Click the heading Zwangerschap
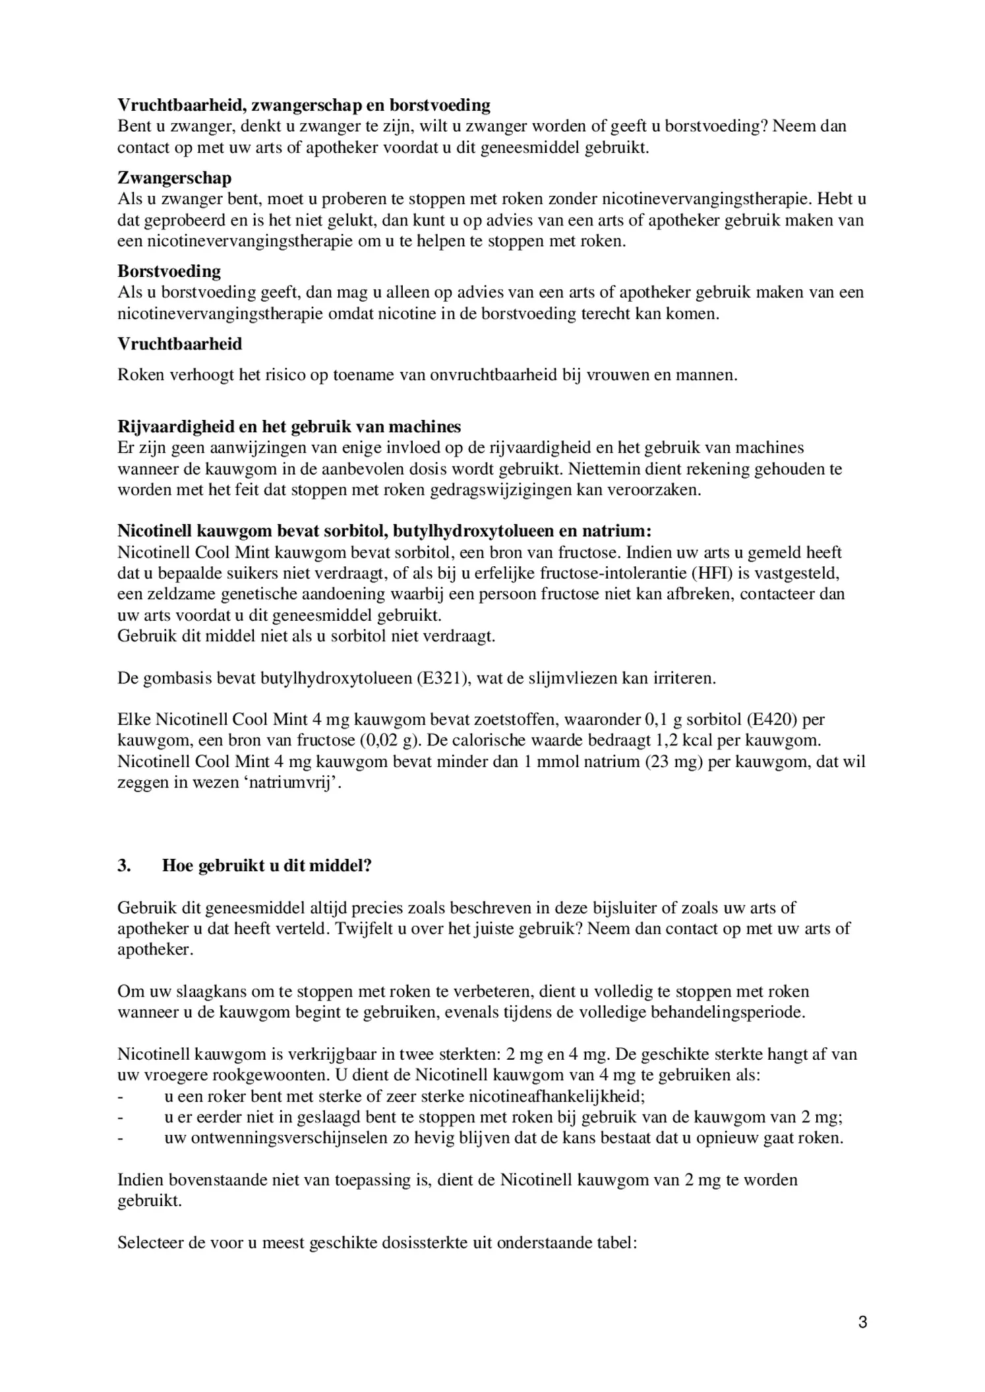tap(174, 178)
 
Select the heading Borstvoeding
tap(169, 271)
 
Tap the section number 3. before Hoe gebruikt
tap(124, 865)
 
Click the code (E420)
tap(775, 720)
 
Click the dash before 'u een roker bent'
tap(120, 1096)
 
